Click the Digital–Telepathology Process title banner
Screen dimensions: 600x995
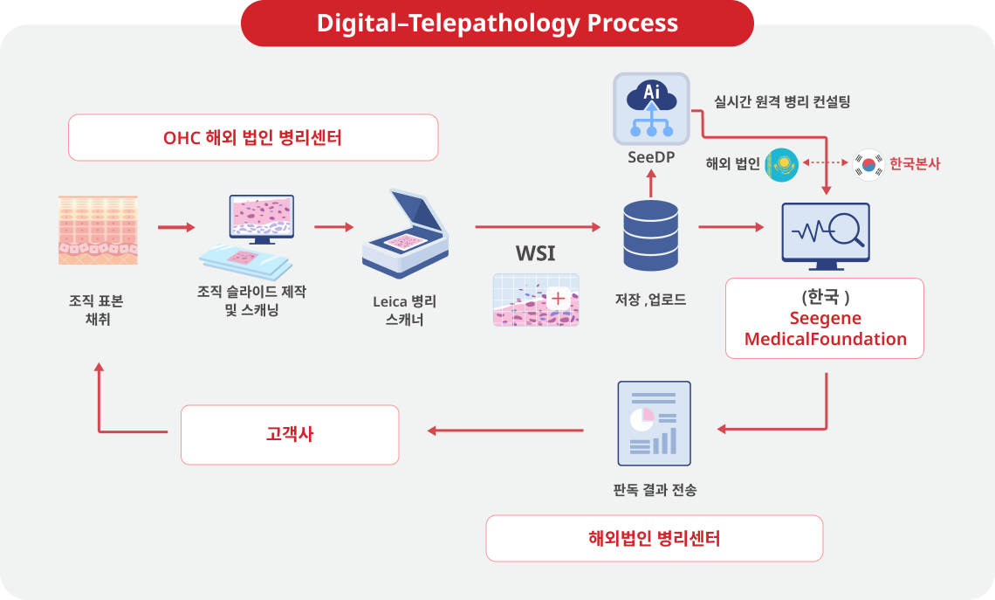(x=497, y=23)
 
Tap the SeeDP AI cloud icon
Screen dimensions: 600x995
(x=651, y=109)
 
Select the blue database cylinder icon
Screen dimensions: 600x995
(x=651, y=235)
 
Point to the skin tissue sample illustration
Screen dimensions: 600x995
(x=98, y=230)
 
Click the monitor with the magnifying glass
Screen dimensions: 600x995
(x=825, y=236)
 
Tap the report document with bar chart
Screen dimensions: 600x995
(x=653, y=424)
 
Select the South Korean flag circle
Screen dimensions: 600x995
(x=869, y=163)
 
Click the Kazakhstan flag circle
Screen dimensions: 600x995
(x=781, y=164)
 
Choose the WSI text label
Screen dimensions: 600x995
(x=535, y=254)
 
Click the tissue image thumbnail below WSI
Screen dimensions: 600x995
(x=536, y=300)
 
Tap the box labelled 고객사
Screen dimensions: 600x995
(x=290, y=434)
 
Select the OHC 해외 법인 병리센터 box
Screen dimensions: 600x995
(x=253, y=137)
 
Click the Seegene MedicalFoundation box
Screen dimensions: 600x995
(x=825, y=318)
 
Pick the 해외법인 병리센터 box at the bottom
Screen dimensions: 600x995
(x=654, y=538)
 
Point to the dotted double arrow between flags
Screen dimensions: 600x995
(x=825, y=163)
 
